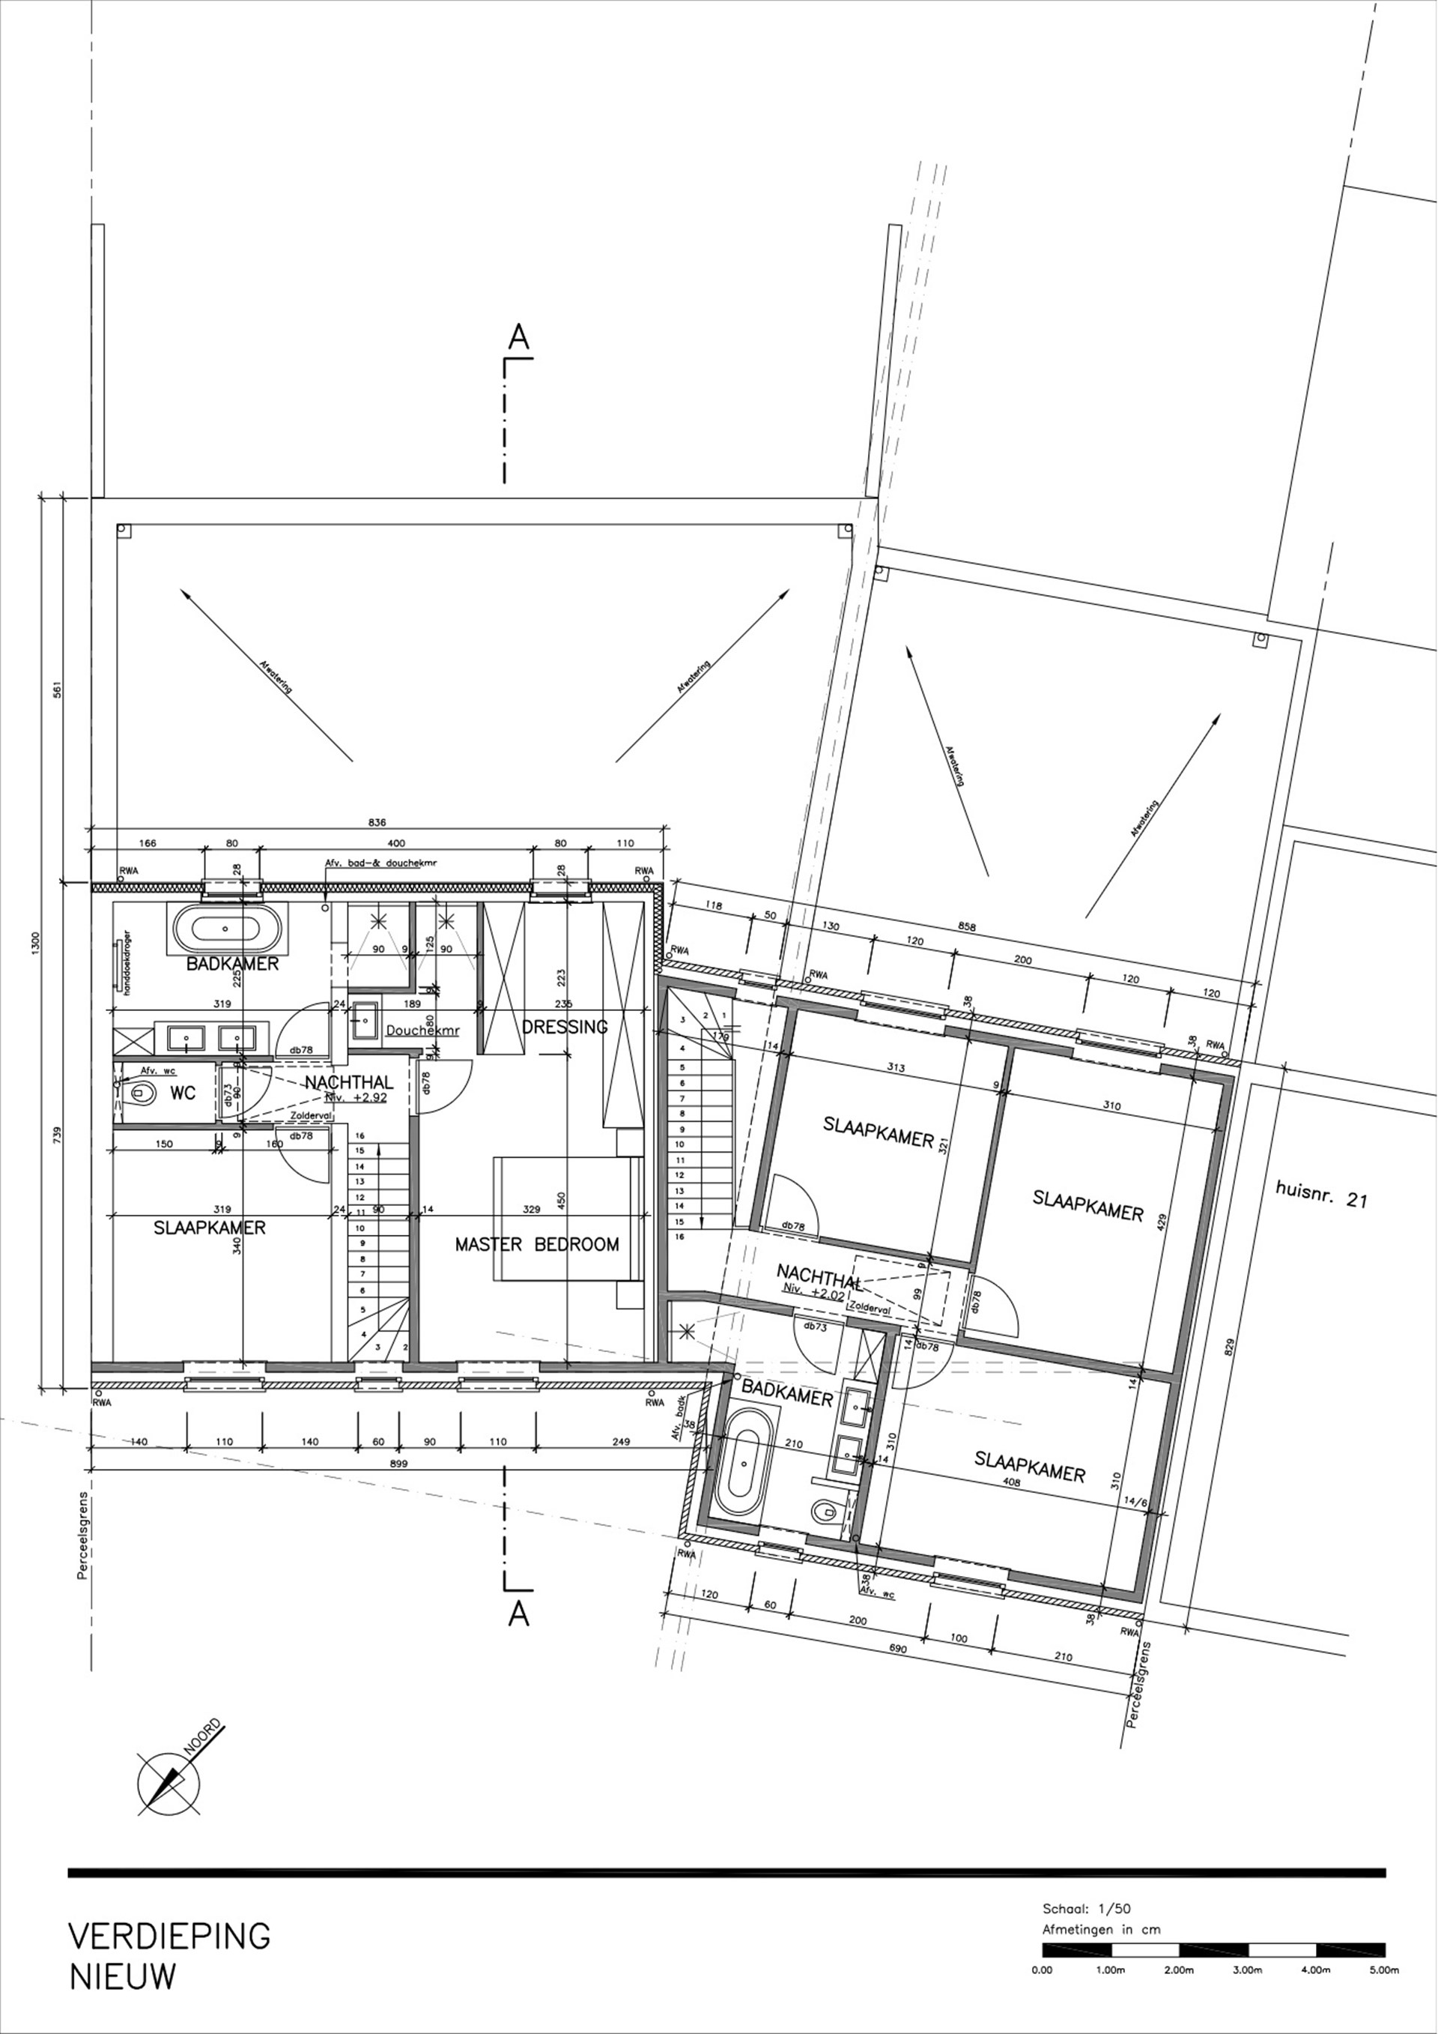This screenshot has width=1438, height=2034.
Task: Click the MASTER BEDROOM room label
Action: (x=536, y=1244)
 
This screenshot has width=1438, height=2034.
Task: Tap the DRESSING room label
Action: (x=565, y=1027)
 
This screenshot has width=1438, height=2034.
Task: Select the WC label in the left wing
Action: (x=183, y=1093)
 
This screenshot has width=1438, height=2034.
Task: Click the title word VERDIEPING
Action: (x=169, y=1936)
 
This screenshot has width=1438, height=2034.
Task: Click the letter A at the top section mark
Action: (x=519, y=337)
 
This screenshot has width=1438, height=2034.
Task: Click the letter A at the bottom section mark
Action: (x=519, y=1614)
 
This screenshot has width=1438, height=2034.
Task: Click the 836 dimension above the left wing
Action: (x=377, y=822)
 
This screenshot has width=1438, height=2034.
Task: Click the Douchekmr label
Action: (x=412, y=1031)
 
